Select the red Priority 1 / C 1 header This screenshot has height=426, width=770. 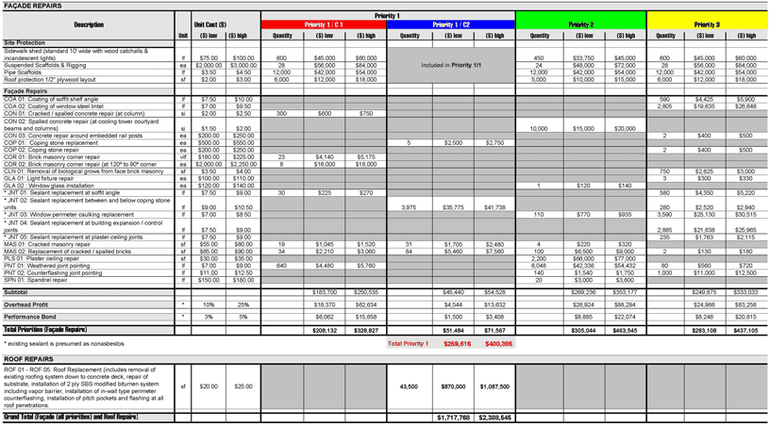coord(324,25)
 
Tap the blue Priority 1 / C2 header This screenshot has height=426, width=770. coord(451,25)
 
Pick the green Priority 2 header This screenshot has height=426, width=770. coord(580,25)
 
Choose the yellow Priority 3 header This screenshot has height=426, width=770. coord(706,25)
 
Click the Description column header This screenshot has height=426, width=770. coord(89,25)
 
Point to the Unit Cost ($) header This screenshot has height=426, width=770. coord(209,25)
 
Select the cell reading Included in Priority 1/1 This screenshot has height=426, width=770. coord(451,65)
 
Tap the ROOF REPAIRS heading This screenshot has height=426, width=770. coord(27,359)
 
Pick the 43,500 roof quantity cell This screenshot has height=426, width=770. coord(410,386)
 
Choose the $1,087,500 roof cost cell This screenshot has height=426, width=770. coord(494,386)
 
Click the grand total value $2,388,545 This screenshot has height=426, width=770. coord(494,416)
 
